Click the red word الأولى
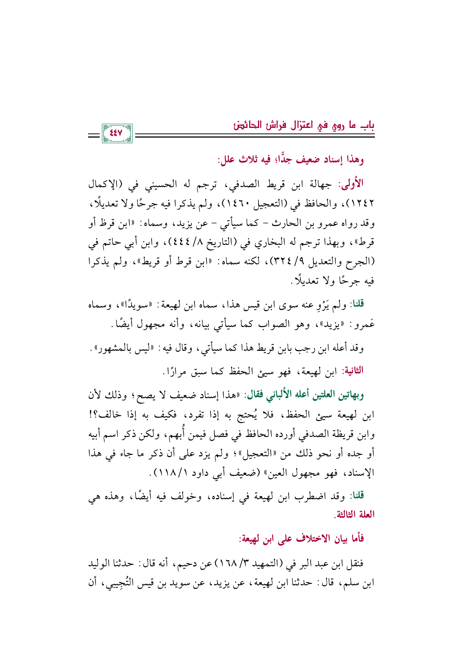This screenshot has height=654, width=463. click(351, 184)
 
